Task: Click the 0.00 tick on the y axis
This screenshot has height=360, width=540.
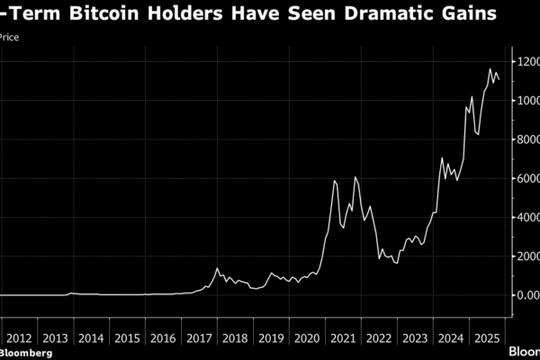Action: (x=526, y=295)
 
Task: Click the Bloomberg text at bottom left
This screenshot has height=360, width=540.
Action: (x=26, y=353)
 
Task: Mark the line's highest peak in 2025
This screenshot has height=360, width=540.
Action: (x=490, y=68)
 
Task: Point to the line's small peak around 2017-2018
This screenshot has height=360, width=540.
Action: (x=217, y=268)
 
